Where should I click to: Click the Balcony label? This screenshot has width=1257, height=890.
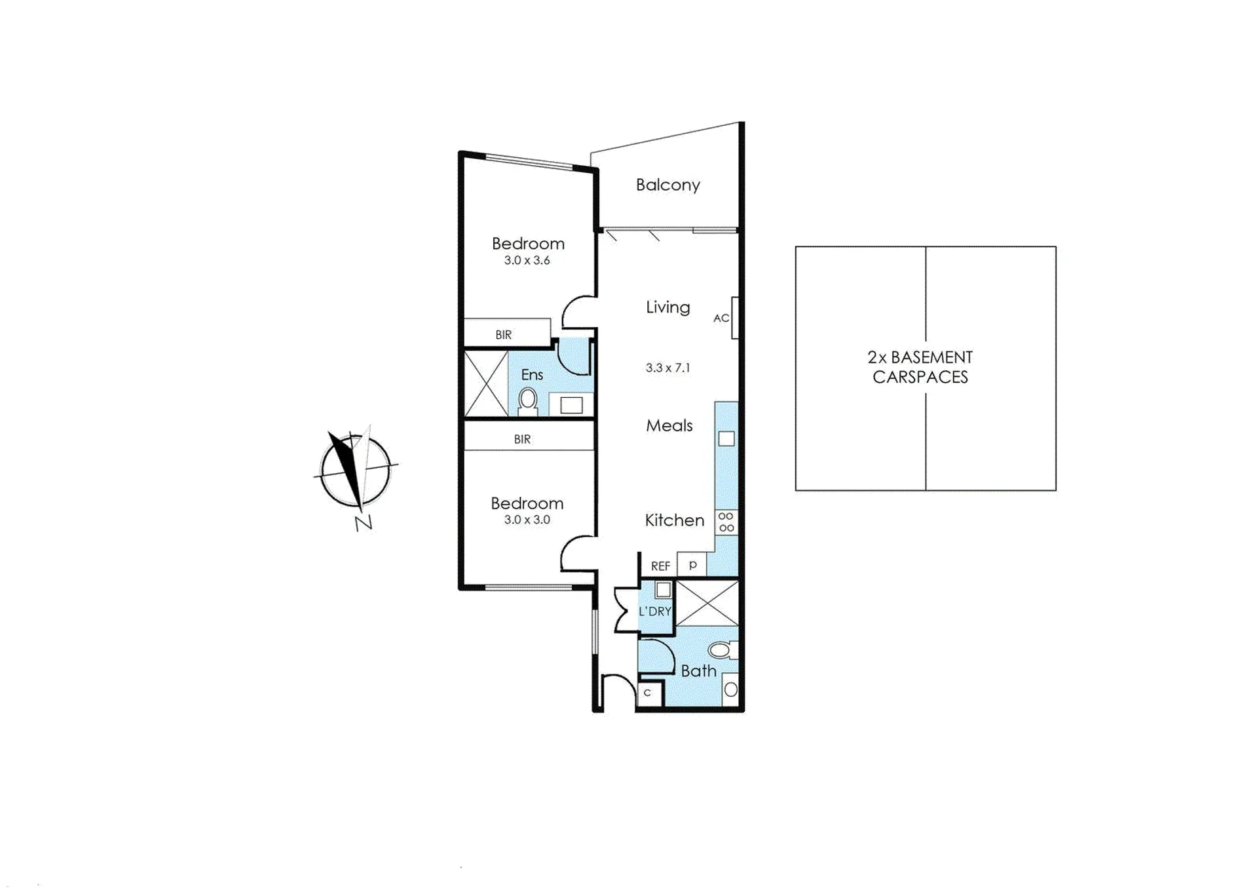(667, 185)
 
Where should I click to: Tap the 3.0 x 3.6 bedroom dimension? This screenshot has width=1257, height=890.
(527, 260)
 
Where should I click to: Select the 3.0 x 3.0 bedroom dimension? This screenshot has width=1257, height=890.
(527, 520)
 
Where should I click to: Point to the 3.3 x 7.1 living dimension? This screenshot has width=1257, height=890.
(667, 368)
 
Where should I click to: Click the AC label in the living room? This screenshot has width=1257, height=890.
(721, 318)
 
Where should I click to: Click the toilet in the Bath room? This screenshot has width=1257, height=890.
(722, 649)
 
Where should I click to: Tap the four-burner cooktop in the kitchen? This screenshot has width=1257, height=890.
(726, 522)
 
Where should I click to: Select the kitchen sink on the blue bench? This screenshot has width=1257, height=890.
(726, 438)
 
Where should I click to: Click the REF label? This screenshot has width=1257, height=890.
(660, 566)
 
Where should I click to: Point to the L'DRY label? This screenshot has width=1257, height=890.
(655, 611)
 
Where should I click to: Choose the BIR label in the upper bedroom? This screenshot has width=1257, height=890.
(503, 335)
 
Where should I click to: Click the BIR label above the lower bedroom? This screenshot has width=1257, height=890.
(522, 440)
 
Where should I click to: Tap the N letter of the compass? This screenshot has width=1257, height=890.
(364, 522)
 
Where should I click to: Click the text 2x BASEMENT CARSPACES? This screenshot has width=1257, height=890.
(920, 367)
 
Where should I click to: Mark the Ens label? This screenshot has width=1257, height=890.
(532, 375)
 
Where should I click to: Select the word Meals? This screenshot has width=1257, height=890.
(669, 426)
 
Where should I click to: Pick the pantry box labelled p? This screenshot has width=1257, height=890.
(692, 564)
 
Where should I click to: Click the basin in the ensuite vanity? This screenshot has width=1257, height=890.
(571, 405)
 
